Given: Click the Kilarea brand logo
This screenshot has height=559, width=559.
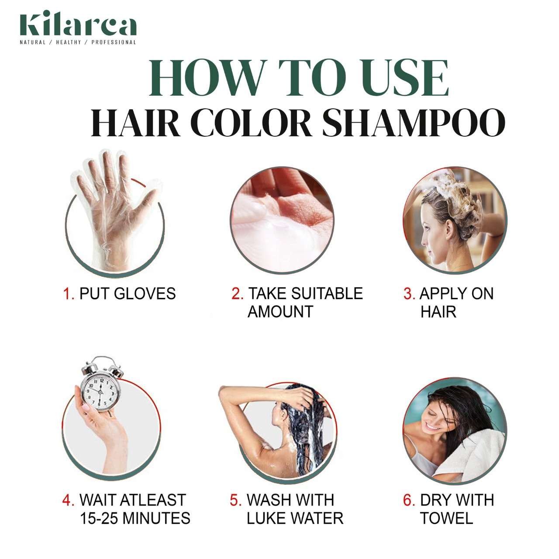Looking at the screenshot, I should [78, 26].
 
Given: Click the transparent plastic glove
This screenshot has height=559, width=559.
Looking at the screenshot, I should [105, 205].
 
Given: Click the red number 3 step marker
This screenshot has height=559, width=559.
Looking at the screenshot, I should [409, 294].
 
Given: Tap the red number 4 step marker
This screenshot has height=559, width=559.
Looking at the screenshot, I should [68, 500].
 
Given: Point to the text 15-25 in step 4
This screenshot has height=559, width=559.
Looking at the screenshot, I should [99, 518].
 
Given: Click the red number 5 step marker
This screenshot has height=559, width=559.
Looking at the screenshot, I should [236, 500].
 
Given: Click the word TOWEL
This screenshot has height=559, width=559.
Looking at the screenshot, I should [446, 518].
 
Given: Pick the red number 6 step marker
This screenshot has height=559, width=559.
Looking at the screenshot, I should [409, 500].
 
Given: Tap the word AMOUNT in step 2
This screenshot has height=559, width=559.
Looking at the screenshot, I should [280, 312].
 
